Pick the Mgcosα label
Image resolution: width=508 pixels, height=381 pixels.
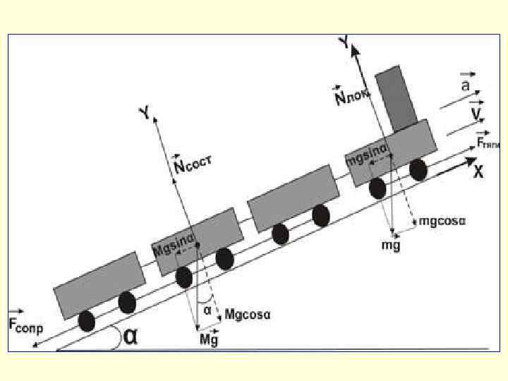(248, 314)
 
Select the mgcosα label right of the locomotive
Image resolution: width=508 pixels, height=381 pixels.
(442, 222)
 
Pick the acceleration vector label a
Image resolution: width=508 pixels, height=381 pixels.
(466, 85)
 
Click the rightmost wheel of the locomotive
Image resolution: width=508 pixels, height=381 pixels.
(418, 170)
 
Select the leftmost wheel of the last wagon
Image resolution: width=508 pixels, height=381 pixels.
(87, 321)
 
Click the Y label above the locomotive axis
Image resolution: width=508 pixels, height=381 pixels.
(344, 43)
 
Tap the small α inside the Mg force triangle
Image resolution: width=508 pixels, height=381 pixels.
(207, 308)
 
